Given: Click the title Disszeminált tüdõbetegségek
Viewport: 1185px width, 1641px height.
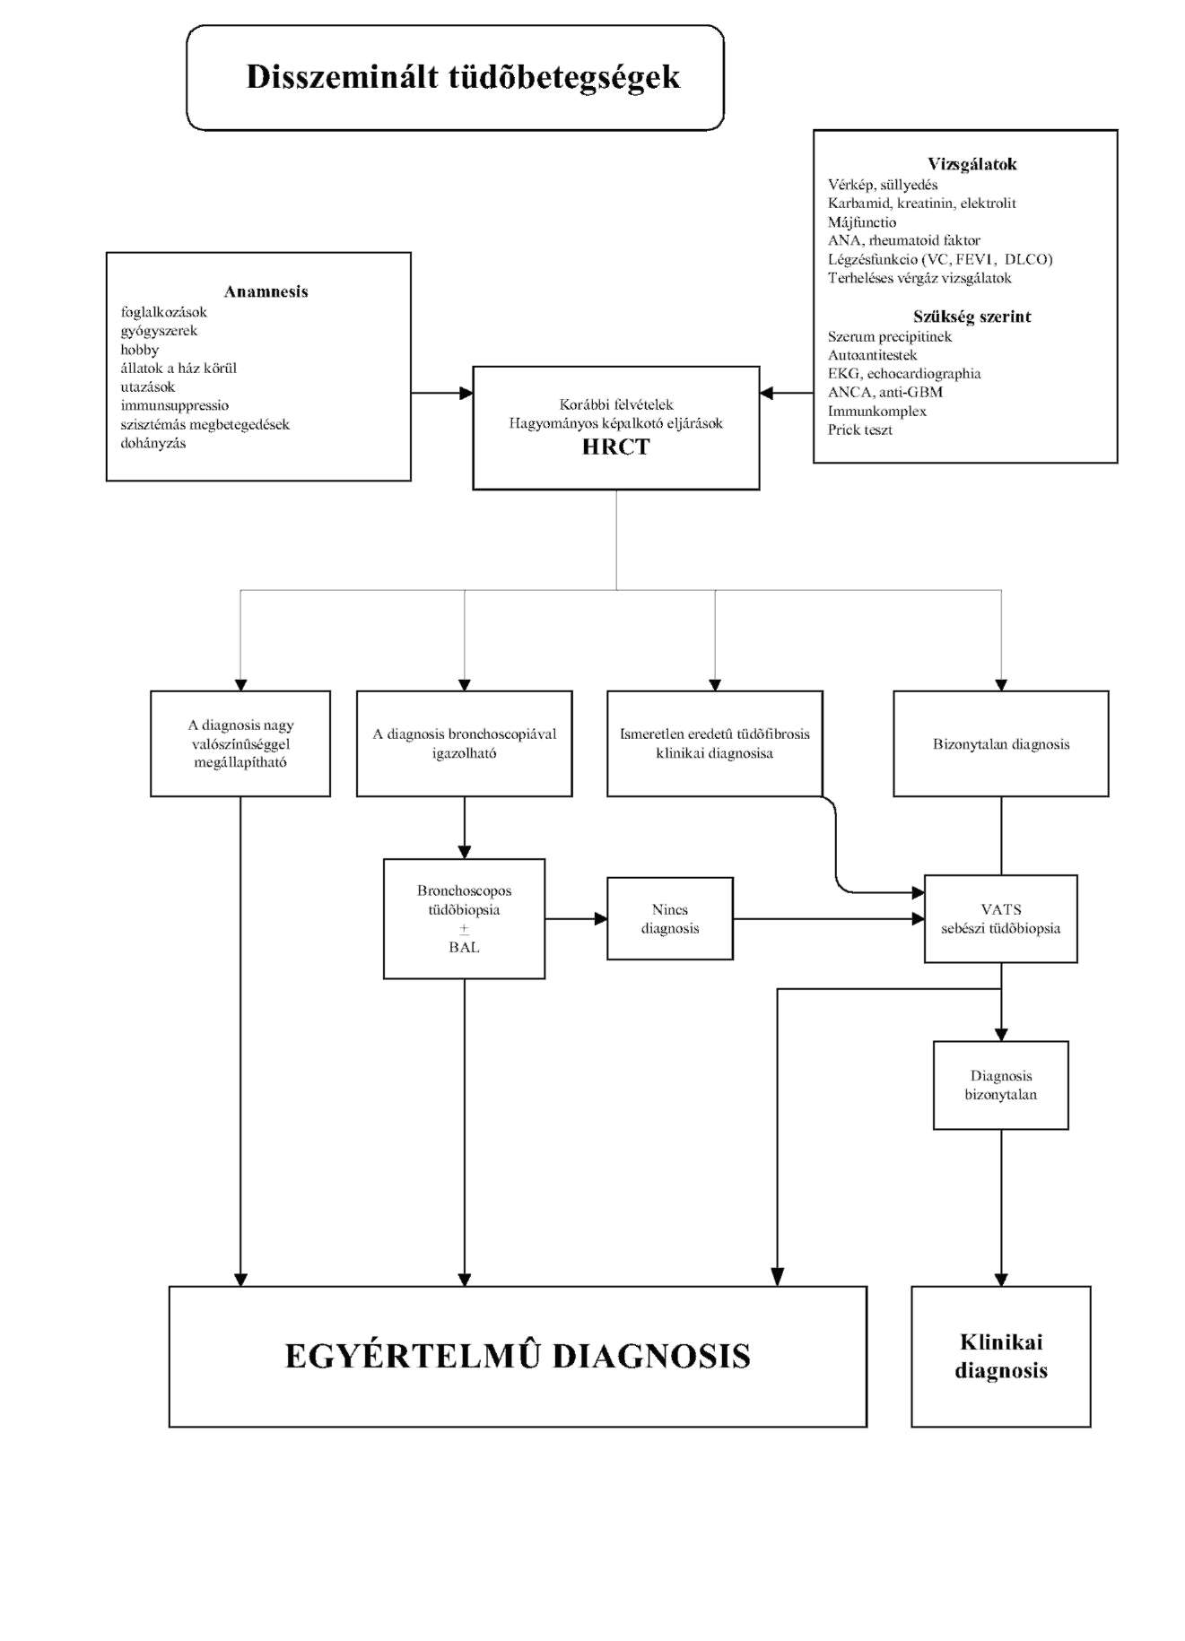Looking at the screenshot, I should pos(463,77).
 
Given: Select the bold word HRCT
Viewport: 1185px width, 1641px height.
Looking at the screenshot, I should pos(615,447).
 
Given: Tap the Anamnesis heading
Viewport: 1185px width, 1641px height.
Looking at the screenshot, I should pos(266,291).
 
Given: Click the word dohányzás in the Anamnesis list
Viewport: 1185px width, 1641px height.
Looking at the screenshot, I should pos(153,443).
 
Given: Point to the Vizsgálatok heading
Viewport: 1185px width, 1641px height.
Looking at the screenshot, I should pos(972,164).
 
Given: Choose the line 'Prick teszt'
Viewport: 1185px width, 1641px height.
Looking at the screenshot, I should pos(859,430).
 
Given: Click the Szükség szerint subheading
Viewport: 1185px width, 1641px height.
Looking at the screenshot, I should pos(972,317).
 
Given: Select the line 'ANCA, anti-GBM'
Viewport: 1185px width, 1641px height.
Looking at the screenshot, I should pos(884,393).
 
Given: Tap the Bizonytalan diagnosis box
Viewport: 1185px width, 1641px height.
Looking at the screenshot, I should pos(1000,743).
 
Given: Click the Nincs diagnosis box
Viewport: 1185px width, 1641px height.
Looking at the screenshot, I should pos(669,919).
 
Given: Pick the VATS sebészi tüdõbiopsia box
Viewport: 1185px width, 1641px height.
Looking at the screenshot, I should pos(1000,919).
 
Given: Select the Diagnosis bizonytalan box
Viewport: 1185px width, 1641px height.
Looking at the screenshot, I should pos(1000,1085).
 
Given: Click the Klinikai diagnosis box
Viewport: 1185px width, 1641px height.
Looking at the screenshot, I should pos(1000,1356).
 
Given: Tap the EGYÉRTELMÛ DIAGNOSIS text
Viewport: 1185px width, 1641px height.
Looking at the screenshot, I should pos(518,1356).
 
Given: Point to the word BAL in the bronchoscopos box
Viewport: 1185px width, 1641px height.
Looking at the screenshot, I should pos(464,947).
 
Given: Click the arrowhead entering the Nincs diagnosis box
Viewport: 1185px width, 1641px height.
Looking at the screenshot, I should pos(601,918).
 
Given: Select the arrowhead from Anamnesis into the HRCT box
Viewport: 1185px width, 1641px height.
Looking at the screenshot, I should pos(466,393).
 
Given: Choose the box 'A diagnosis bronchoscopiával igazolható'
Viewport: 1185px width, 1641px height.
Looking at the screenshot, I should pos(464,743).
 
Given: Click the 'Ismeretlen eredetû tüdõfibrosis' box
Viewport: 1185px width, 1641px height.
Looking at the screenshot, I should pos(714,743).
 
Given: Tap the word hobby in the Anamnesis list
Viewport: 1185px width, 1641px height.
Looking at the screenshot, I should pos(139,350).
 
